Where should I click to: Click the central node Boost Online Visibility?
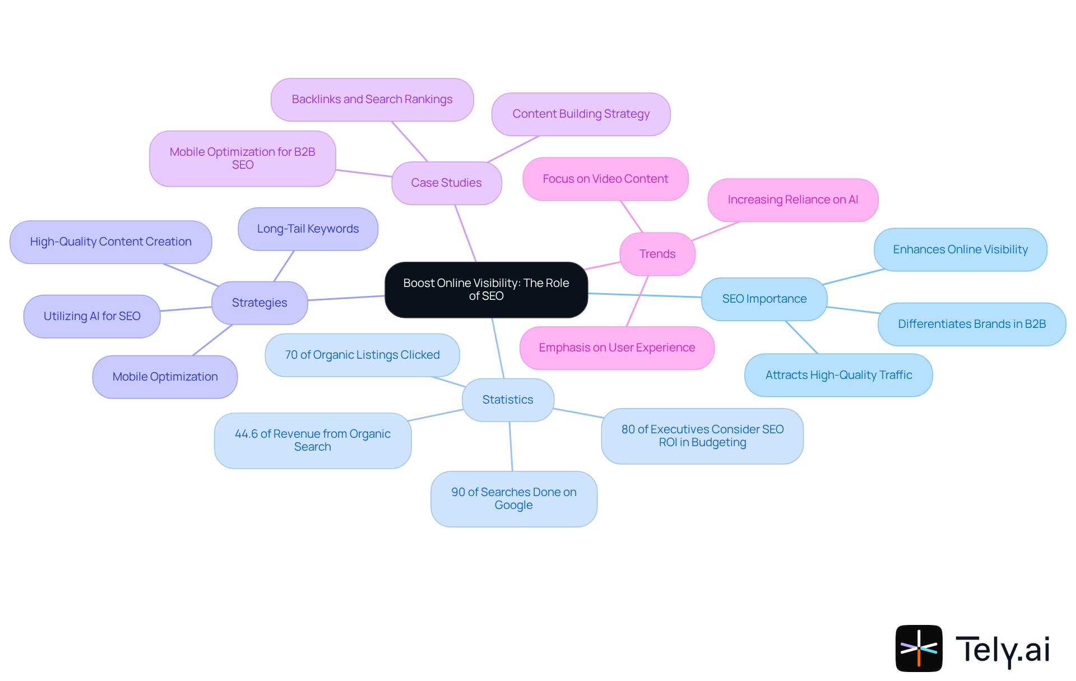click(x=486, y=289)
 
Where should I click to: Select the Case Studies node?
click(x=446, y=183)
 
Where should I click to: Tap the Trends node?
click(x=657, y=254)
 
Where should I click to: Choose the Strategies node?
click(x=259, y=303)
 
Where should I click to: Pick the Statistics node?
click(x=508, y=400)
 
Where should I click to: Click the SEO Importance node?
click(x=764, y=299)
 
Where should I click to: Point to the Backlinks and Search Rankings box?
click(x=372, y=99)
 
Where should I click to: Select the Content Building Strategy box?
click(x=581, y=114)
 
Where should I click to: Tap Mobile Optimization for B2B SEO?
click(x=242, y=158)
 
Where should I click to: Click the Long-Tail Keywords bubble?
click(x=308, y=229)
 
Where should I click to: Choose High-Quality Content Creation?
click(x=110, y=242)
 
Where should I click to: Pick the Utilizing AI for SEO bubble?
click(x=92, y=316)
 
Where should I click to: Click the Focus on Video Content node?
click(x=605, y=179)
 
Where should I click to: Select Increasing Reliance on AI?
click(x=792, y=200)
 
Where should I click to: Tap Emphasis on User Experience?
click(x=616, y=348)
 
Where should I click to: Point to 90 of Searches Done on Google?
click(x=513, y=498)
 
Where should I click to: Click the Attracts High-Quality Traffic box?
click(x=838, y=375)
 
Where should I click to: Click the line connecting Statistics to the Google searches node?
click(x=511, y=446)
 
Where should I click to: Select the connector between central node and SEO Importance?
click(x=644, y=295)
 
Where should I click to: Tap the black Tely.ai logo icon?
click(x=919, y=648)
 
